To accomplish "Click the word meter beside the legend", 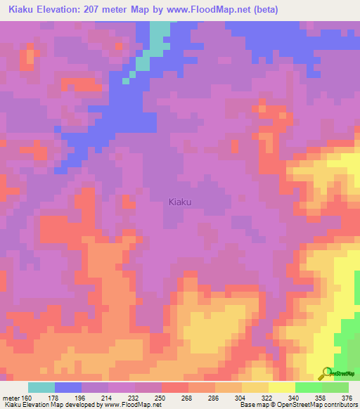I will coord(10,397).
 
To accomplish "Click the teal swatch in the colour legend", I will coord(41,387).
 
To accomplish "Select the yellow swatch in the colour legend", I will coord(281,387).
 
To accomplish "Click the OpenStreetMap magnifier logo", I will coord(326,372).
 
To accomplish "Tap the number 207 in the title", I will coord(96,10).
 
